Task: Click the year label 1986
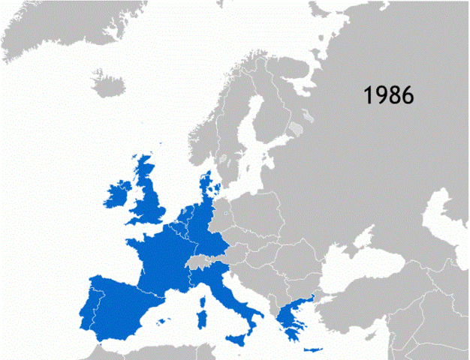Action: (389, 95)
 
